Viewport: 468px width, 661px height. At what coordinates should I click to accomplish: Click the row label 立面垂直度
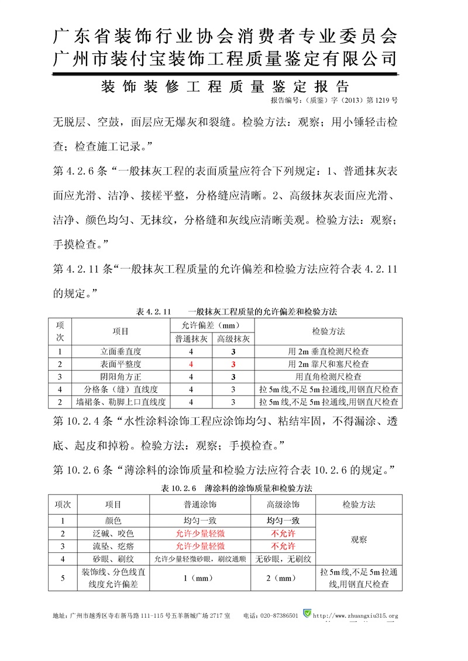pos(121,351)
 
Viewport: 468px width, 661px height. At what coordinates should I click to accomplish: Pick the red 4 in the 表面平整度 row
pos(191,364)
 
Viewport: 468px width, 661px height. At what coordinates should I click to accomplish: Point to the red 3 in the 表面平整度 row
pos(233,364)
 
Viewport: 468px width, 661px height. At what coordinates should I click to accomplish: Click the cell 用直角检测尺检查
pos(328,377)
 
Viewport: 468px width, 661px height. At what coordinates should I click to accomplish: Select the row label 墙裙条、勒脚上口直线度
pos(121,402)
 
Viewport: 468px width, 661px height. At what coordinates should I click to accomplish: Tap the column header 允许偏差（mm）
pos(212,325)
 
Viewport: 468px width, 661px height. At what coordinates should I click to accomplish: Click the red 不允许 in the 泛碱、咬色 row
pos(283,534)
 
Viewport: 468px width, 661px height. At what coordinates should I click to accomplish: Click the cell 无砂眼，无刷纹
pos(283,559)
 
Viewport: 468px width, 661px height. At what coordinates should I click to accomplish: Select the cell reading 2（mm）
pos(283,579)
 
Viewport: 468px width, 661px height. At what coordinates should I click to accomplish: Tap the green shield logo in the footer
pos(307,615)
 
